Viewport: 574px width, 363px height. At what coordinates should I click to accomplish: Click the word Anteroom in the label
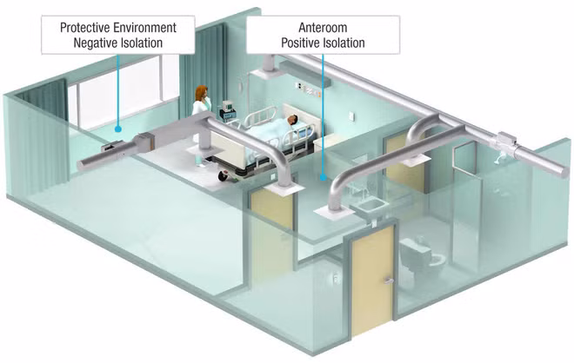point(323,28)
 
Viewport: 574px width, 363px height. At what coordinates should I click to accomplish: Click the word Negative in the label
point(95,43)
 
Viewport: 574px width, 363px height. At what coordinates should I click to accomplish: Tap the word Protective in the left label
point(85,28)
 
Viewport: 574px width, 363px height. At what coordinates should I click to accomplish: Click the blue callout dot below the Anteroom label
point(323,178)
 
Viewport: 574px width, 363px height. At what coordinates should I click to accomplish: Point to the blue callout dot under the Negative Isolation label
point(118,129)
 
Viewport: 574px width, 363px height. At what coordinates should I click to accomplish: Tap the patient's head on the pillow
point(291,119)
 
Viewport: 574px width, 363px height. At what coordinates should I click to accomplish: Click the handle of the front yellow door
point(388,280)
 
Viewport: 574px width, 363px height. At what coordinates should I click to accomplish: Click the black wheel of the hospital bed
point(224,176)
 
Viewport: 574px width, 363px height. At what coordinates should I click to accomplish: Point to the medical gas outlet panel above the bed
point(308,89)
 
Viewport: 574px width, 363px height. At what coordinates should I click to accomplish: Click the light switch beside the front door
point(336,279)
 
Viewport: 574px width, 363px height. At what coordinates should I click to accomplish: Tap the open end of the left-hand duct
point(80,166)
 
